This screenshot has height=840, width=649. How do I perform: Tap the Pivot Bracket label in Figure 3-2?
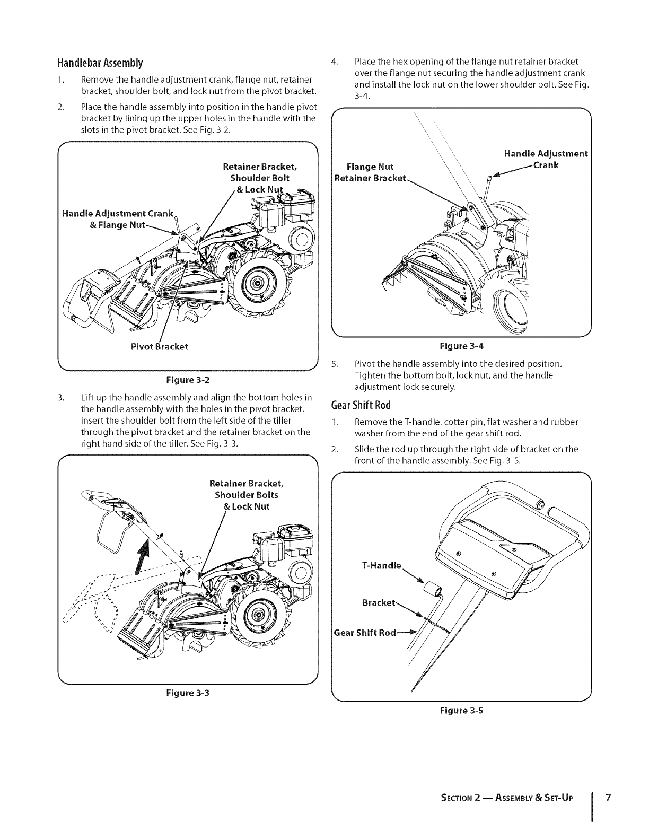(159, 347)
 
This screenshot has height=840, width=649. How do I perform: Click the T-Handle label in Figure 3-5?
(381, 565)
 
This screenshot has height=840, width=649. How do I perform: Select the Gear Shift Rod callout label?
(365, 633)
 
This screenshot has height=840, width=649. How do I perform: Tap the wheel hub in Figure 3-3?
(258, 615)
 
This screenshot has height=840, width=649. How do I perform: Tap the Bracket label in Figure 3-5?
(379, 603)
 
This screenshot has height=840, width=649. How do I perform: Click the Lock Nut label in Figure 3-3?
(247, 506)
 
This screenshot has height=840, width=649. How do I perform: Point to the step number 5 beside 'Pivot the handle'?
(334, 364)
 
